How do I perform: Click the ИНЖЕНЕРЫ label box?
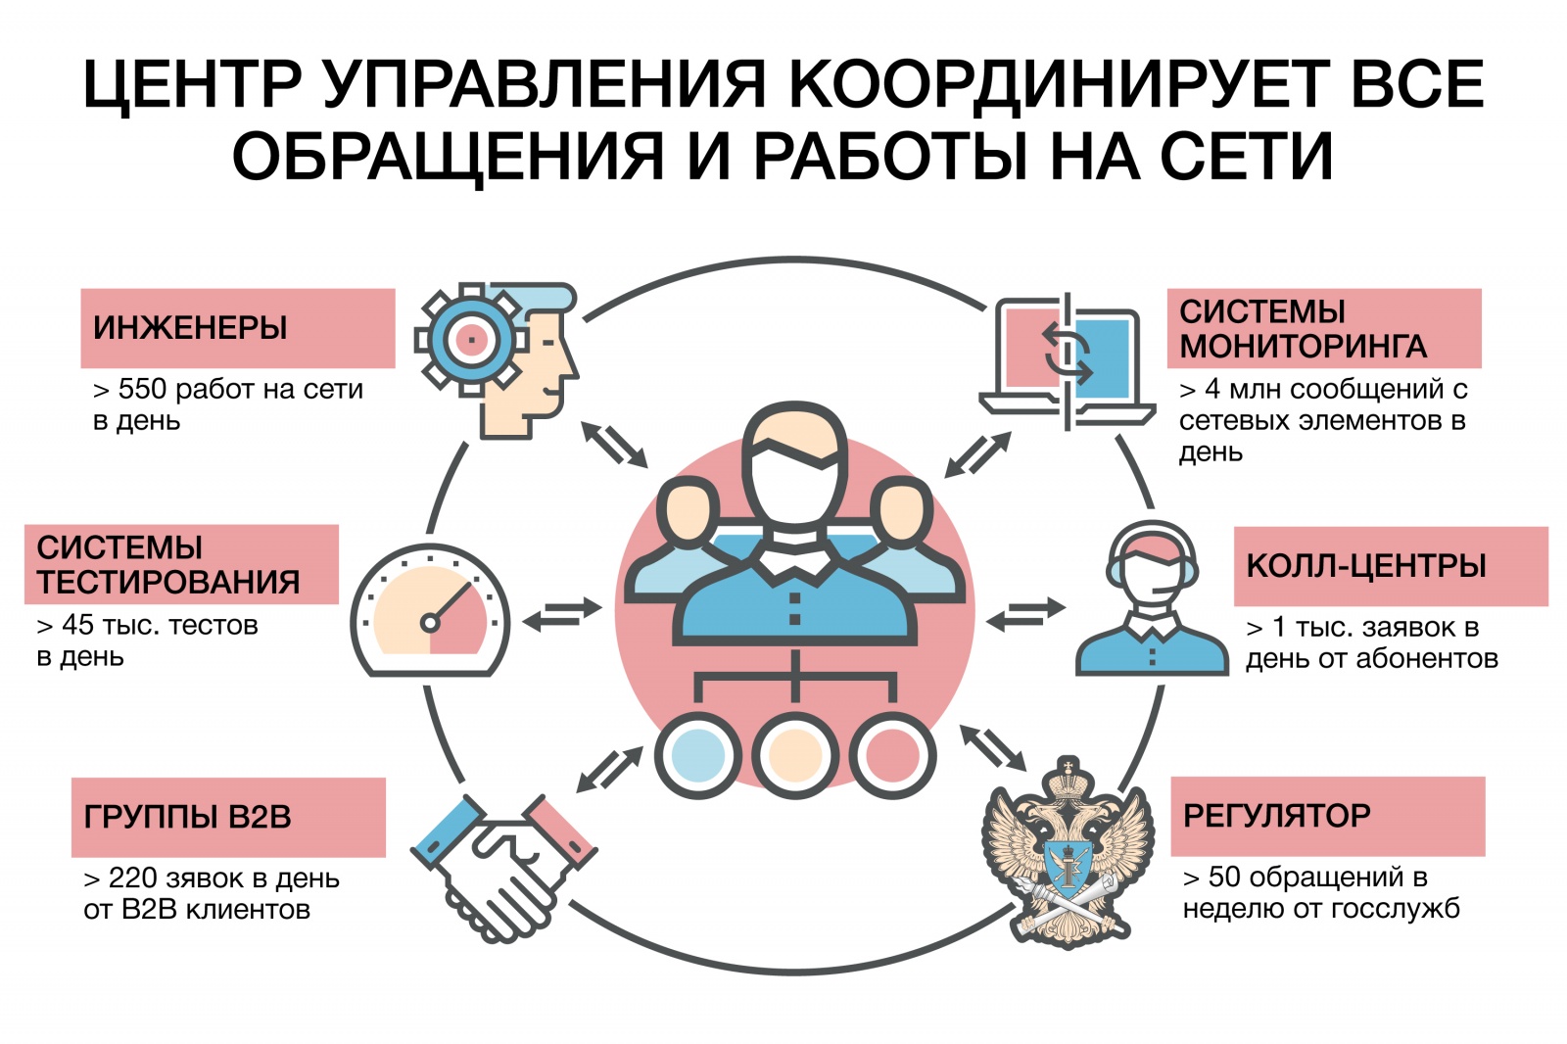point(238,328)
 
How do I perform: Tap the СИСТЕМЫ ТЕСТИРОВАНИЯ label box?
point(181,564)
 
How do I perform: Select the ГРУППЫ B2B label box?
point(228,818)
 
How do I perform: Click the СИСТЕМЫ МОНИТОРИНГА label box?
point(1324,328)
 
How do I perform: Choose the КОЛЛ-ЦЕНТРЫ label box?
point(1391,566)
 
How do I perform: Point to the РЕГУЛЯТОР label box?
point(1328,816)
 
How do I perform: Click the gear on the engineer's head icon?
point(471,341)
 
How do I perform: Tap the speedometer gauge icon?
point(430,610)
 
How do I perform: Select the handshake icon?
point(503,868)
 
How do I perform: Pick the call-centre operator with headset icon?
point(1152,597)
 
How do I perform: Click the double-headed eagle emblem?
point(1068,852)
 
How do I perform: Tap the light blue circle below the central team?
point(697,756)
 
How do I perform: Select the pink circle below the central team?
point(892,756)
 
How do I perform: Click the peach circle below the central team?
point(794,756)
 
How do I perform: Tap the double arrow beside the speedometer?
point(562,614)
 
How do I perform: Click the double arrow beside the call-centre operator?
point(1025,614)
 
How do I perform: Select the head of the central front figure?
point(794,465)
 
